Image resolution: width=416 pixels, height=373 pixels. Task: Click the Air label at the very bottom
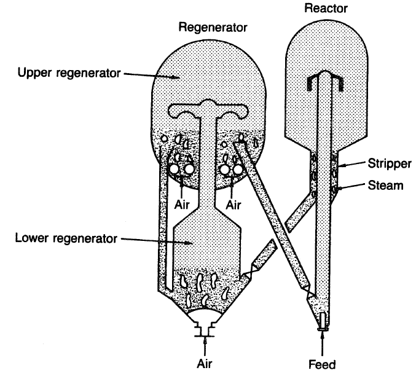point(206,363)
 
